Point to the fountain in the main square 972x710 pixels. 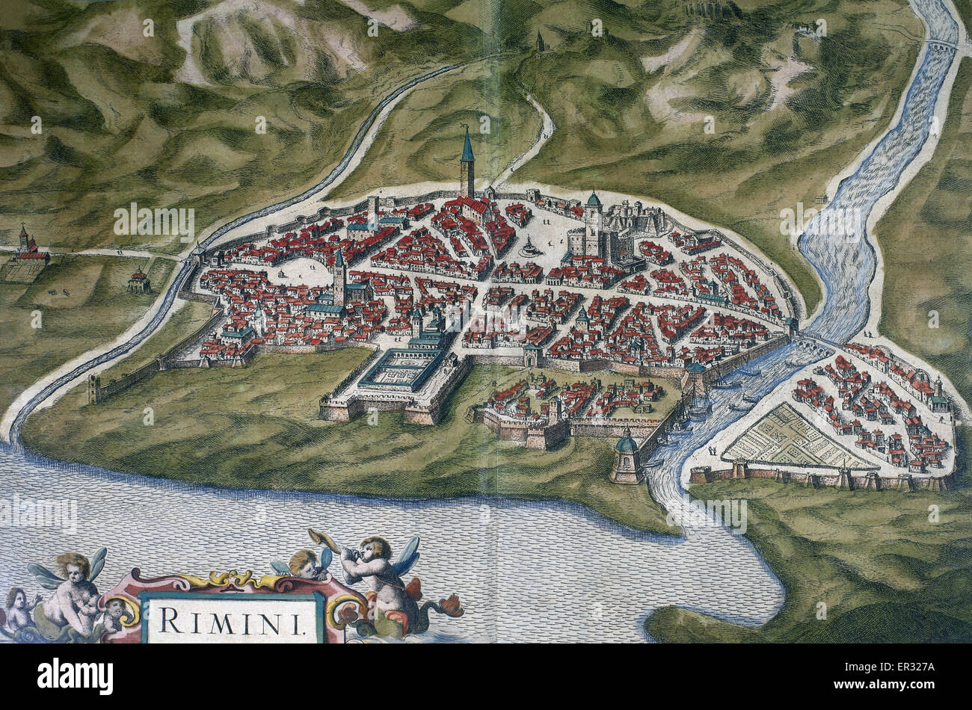point(530,247)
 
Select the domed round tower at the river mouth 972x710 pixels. point(625,457)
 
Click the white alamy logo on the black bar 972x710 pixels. point(75,676)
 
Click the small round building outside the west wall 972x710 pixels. point(138,281)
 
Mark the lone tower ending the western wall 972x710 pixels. point(93,389)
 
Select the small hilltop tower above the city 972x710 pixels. point(539,40)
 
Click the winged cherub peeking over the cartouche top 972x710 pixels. point(303,563)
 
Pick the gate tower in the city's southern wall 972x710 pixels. point(530,354)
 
